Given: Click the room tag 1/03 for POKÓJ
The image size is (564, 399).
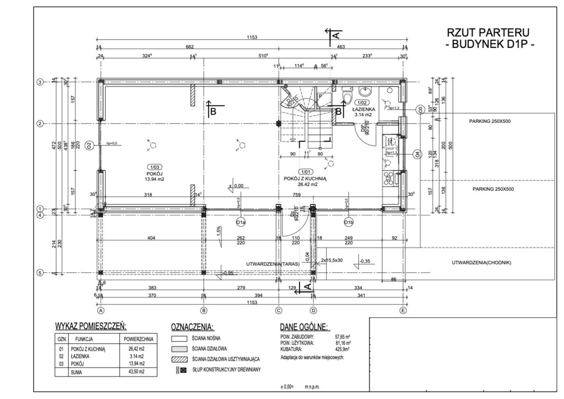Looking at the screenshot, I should (x=153, y=166).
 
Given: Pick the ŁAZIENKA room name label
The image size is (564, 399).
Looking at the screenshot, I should (x=364, y=109).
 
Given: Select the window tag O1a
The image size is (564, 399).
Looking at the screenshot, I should (x=240, y=222).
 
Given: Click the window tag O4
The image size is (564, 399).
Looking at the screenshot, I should (x=417, y=154).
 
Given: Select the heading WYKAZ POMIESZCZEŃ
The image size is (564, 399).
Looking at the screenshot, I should (x=91, y=326).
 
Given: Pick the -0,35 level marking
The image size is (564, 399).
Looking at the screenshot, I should (x=364, y=261).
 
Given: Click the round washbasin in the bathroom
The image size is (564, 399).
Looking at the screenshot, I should (x=365, y=91).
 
